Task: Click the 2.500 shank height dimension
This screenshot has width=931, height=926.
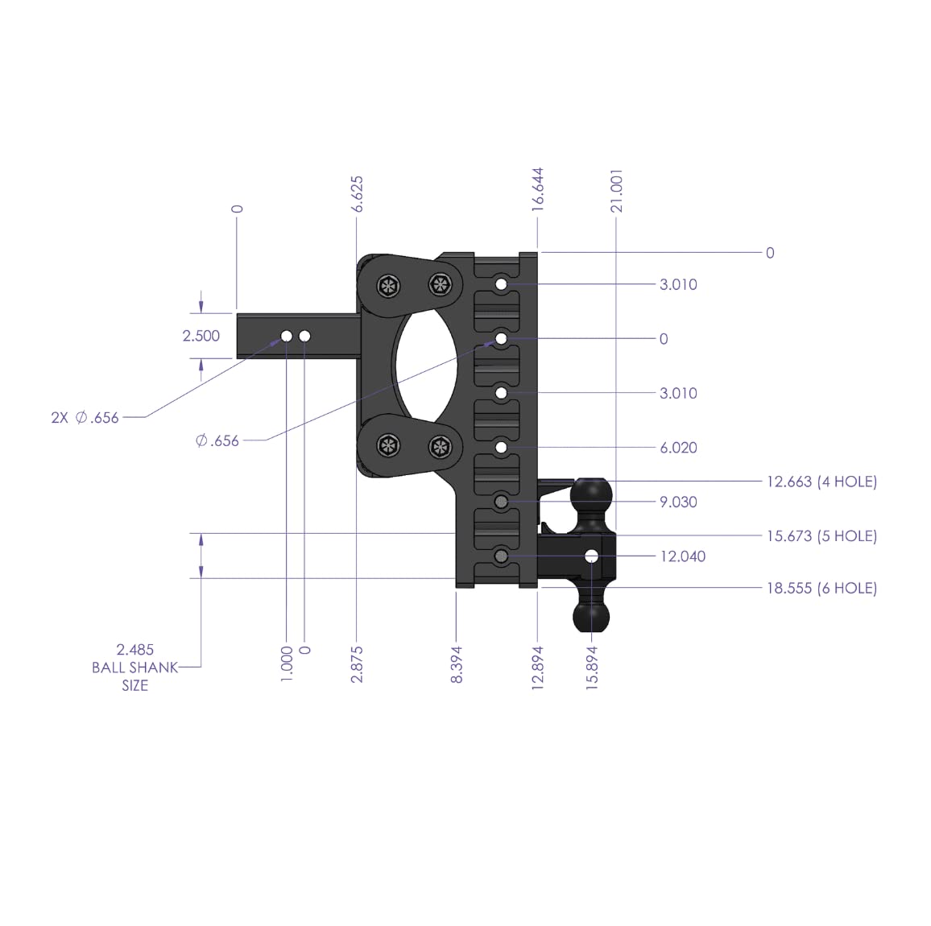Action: click(x=201, y=336)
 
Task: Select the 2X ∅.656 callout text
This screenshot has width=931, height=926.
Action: click(x=85, y=417)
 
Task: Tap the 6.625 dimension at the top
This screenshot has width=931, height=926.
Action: click(x=358, y=194)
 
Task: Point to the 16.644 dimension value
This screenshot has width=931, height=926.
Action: click(x=538, y=189)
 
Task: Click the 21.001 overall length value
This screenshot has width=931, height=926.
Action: click(x=617, y=191)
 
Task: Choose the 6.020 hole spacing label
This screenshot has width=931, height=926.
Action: click(x=678, y=448)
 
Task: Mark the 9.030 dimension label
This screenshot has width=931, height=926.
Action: click(x=678, y=502)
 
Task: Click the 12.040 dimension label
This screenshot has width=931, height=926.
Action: click(x=682, y=556)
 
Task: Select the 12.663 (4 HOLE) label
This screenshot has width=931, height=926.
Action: click(x=821, y=482)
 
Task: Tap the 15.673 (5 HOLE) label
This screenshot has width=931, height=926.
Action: click(x=821, y=535)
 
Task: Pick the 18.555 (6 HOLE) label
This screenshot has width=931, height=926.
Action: click(x=821, y=588)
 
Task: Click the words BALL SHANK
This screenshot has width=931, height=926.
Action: click(x=134, y=668)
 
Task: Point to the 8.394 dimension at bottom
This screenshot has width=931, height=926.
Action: click(x=457, y=664)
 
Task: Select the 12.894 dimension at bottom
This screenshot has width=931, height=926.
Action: click(x=538, y=666)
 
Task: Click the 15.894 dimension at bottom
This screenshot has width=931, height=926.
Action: click(x=593, y=666)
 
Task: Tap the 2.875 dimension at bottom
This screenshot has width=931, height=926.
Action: click(x=358, y=664)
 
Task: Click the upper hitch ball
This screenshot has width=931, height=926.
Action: click(x=592, y=493)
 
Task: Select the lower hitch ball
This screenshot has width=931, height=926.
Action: click(x=593, y=618)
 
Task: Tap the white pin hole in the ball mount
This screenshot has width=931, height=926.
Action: click(x=592, y=556)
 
